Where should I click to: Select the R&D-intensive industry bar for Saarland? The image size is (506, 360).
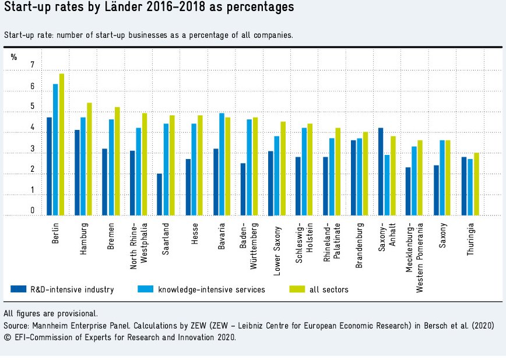click(x=160, y=195)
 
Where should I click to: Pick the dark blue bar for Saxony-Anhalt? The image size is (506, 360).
click(x=381, y=172)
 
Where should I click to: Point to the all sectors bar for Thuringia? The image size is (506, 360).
click(x=476, y=184)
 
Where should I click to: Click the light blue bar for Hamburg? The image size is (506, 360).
click(x=83, y=167)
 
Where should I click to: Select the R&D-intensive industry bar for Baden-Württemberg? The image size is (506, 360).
click(x=243, y=189)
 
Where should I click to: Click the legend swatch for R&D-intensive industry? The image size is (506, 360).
click(x=19, y=289)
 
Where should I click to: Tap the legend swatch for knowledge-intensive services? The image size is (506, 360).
click(x=146, y=289)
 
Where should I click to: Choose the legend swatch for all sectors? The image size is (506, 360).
click(x=298, y=289)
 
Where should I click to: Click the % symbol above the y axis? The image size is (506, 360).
click(x=14, y=57)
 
